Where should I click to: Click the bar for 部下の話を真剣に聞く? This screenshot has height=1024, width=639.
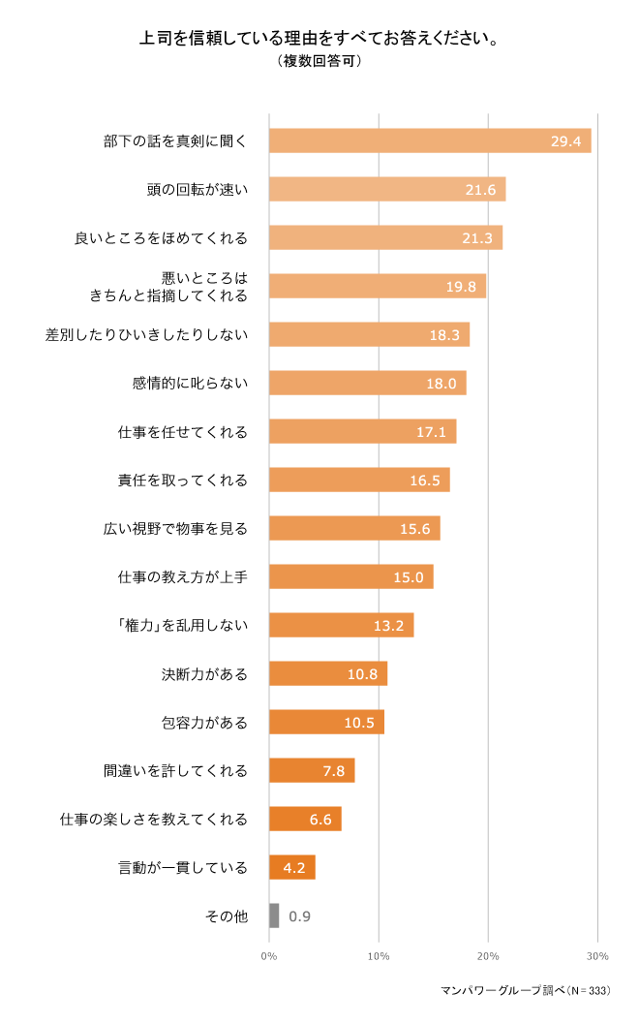click(429, 140)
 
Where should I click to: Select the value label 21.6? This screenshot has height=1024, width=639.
click(480, 190)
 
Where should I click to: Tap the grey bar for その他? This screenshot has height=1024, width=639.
click(274, 915)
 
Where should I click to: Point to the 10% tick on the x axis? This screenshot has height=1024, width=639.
click(379, 956)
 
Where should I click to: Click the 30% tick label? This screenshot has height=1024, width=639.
click(597, 956)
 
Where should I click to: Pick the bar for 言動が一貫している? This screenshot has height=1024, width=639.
click(291, 867)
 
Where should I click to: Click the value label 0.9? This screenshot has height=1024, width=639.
click(299, 915)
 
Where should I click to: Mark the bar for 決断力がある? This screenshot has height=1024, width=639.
click(327, 673)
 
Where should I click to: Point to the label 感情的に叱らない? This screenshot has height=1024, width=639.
click(190, 383)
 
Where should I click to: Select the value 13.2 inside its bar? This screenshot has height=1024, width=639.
click(388, 626)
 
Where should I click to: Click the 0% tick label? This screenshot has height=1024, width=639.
click(269, 956)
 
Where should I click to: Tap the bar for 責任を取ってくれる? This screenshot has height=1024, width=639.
click(358, 480)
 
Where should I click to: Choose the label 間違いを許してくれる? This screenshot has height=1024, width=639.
click(175, 771)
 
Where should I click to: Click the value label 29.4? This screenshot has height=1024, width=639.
click(565, 141)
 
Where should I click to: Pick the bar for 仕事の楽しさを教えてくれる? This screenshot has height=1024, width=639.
click(304, 819)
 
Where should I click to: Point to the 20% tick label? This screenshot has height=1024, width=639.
click(488, 956)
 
